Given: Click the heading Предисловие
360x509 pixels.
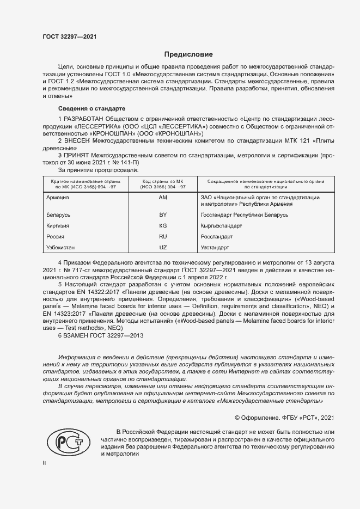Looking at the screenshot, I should (189, 54).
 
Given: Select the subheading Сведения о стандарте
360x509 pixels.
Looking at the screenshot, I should (91, 108).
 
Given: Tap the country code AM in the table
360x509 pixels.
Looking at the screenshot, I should (162, 197).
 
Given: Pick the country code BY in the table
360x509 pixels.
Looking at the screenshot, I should (162, 215).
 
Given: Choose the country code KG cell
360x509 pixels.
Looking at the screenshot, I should (162, 225).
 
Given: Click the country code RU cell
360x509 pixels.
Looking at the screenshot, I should (162, 237).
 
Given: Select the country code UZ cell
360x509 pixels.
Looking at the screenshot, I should (162, 248).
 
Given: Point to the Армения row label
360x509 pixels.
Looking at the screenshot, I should (58, 197).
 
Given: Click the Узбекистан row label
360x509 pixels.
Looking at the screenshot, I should (62, 248).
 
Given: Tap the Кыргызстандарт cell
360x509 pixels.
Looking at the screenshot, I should (222, 225).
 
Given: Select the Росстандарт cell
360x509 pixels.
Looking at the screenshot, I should (217, 237).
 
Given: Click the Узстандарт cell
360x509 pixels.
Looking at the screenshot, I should (215, 248).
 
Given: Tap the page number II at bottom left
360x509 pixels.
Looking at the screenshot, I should (45, 463).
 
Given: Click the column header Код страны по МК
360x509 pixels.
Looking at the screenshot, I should (164, 180).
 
